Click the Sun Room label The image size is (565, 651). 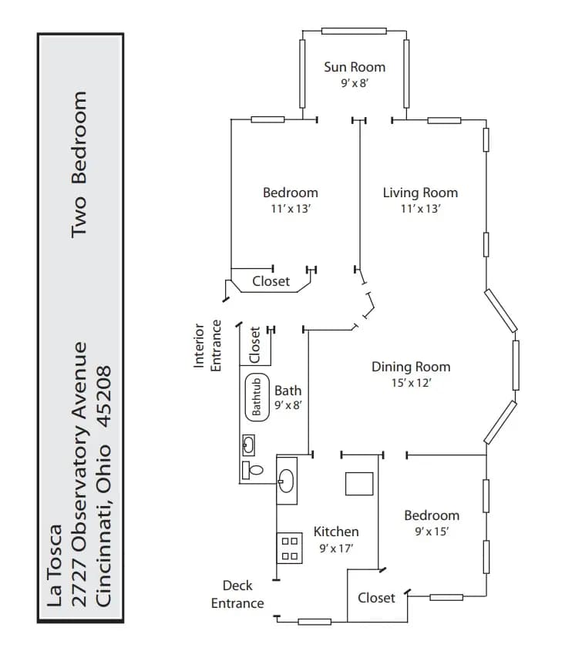pyautogui.click(x=355, y=66)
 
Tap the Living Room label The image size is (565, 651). pyautogui.click(x=420, y=193)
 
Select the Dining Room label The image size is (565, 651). pyautogui.click(x=411, y=367)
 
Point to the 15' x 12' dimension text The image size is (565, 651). pyautogui.click(x=411, y=383)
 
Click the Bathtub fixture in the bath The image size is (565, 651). pyautogui.click(x=257, y=397)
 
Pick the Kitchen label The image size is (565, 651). pyautogui.click(x=336, y=532)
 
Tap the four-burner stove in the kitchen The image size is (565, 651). pyautogui.click(x=290, y=548)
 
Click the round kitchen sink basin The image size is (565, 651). pyautogui.click(x=287, y=480)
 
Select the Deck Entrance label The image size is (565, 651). pyautogui.click(x=237, y=595)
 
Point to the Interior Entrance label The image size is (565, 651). pyautogui.click(x=207, y=347)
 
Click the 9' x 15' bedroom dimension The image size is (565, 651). pyautogui.click(x=432, y=532)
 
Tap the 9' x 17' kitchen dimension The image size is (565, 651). pyautogui.click(x=336, y=549)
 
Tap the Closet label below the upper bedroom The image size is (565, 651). pyautogui.click(x=271, y=281)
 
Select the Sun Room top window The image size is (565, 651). pyautogui.click(x=354, y=31)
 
